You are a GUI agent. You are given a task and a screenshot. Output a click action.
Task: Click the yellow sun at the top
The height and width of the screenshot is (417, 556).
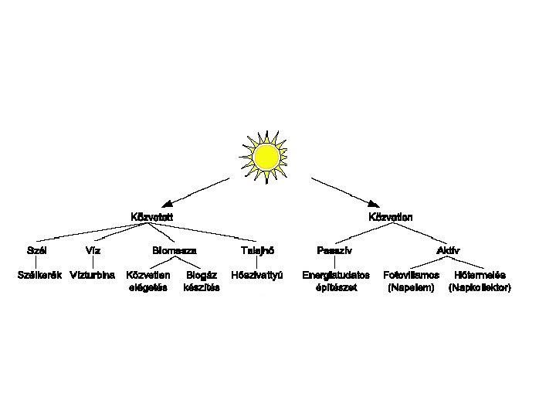click(266, 158)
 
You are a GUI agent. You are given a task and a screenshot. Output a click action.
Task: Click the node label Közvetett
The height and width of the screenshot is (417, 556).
click(151, 217)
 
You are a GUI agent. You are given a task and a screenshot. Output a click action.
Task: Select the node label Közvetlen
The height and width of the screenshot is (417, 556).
click(390, 217)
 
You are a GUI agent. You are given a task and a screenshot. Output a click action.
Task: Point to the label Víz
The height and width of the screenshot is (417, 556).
click(92, 251)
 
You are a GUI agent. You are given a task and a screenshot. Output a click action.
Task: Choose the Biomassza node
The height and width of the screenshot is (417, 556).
click(174, 251)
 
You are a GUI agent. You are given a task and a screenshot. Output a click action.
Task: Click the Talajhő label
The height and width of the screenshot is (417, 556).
click(257, 251)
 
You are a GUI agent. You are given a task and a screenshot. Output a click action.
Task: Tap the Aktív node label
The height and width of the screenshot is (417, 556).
click(449, 251)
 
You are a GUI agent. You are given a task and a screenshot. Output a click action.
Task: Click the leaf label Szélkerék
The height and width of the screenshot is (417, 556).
click(39, 275)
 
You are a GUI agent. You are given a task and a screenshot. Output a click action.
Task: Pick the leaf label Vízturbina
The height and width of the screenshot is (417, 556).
click(93, 275)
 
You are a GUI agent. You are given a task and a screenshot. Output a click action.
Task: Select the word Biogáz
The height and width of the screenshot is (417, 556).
click(202, 275)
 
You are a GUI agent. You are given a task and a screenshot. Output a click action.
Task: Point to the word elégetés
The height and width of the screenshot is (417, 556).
click(148, 288)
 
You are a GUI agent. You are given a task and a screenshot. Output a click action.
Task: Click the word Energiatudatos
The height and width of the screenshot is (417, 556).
click(336, 275)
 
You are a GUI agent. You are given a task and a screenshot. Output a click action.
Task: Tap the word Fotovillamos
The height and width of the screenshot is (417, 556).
click(412, 275)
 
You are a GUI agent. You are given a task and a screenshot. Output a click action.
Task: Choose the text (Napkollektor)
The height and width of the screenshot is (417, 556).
click(480, 288)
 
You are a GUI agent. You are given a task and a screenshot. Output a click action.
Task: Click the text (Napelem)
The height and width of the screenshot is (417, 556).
click(412, 288)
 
